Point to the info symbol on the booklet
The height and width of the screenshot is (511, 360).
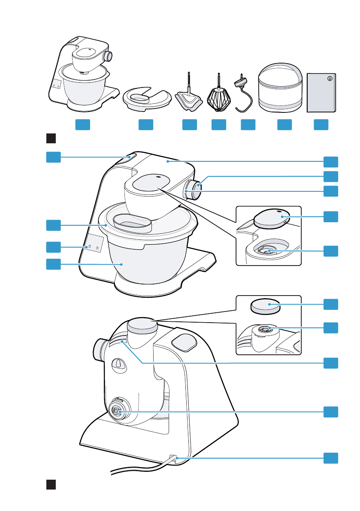(330, 79)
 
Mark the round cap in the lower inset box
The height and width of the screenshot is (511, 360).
(265, 306)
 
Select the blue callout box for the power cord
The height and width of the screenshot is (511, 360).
(331, 458)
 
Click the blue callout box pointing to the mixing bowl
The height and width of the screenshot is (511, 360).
(53, 264)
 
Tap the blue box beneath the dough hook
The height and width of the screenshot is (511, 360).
(248, 124)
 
